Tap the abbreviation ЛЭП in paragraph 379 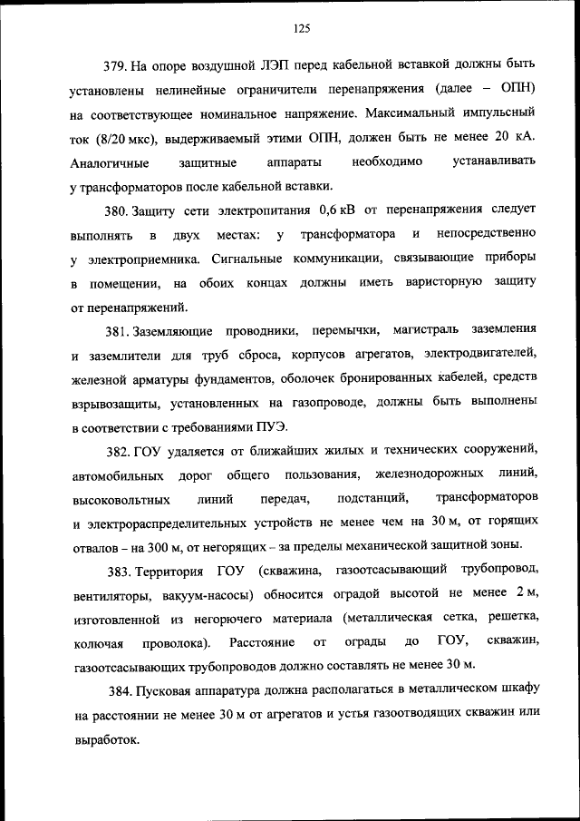271,65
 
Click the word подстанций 365,498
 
